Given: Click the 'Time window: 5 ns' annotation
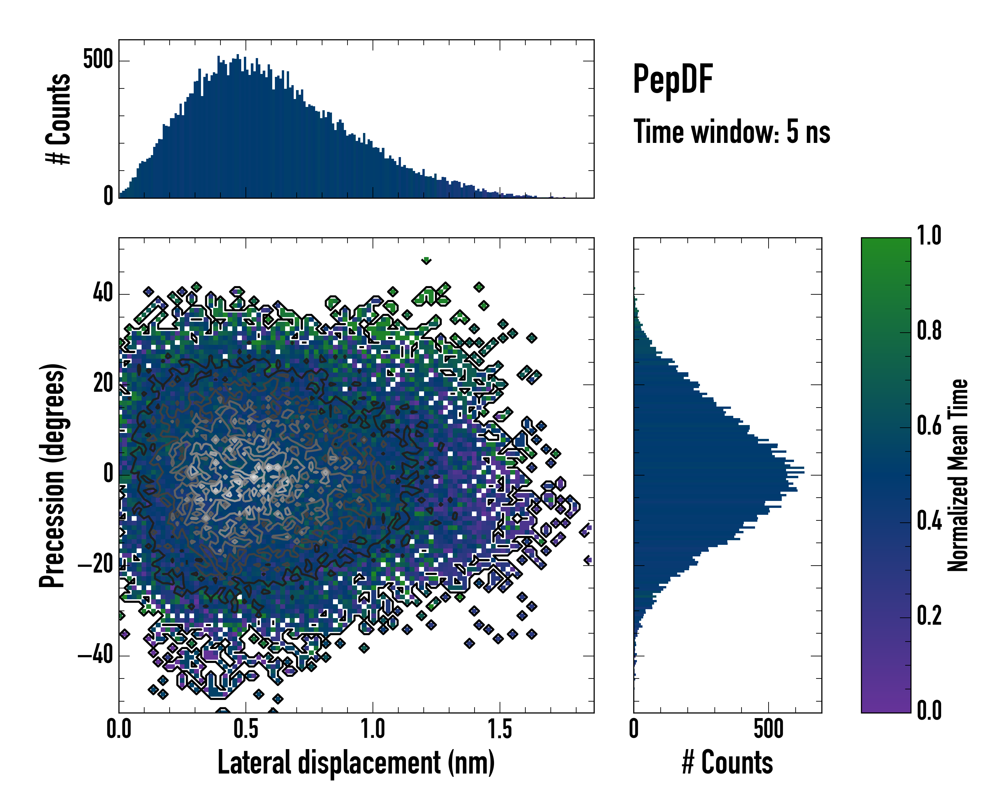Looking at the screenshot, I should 732,132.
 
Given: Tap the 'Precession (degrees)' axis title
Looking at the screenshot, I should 52,475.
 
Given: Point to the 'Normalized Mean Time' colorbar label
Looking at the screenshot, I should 957,475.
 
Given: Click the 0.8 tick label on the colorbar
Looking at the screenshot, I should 929,331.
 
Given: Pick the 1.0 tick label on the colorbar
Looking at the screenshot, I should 929,236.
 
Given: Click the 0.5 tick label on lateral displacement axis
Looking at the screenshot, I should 246,729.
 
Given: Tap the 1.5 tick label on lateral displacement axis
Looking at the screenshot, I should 500,729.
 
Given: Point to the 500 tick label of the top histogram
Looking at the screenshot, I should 98,60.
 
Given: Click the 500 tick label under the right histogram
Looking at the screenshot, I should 768,729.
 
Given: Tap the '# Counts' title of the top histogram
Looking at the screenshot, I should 58,119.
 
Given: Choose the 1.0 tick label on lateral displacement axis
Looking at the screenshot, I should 372,729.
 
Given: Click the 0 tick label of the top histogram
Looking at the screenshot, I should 108,196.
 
